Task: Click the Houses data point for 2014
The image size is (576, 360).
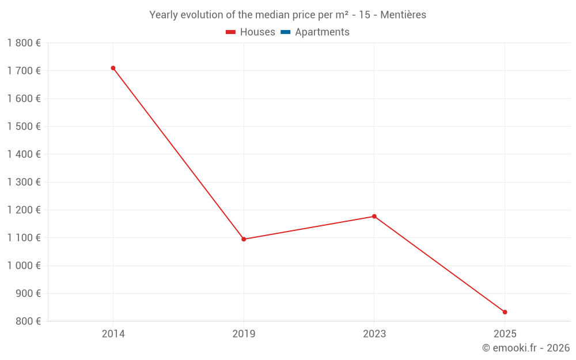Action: tap(113, 68)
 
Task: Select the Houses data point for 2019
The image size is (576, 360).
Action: tap(244, 239)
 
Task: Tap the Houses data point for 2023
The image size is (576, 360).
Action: tap(374, 217)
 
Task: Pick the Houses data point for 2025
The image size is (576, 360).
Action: tap(505, 312)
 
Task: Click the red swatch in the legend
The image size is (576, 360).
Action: tap(231, 32)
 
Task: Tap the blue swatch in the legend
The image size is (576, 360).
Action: tap(285, 32)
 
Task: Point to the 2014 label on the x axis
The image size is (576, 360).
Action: tap(113, 334)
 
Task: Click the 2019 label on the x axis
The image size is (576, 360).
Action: tap(244, 334)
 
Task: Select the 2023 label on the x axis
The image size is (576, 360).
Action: tap(374, 334)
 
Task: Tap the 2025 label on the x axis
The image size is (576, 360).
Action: tap(505, 334)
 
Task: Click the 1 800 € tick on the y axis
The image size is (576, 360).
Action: tap(24, 43)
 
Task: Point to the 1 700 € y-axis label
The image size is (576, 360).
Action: tap(24, 71)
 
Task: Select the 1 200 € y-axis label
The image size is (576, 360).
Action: tap(24, 210)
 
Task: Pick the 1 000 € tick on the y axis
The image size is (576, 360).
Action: tap(24, 266)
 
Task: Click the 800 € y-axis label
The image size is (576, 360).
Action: tap(27, 321)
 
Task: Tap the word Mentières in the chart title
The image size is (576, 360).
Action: tap(403, 15)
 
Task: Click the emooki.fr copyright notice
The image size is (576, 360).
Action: tap(525, 348)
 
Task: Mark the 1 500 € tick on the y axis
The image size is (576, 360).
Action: tap(24, 127)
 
